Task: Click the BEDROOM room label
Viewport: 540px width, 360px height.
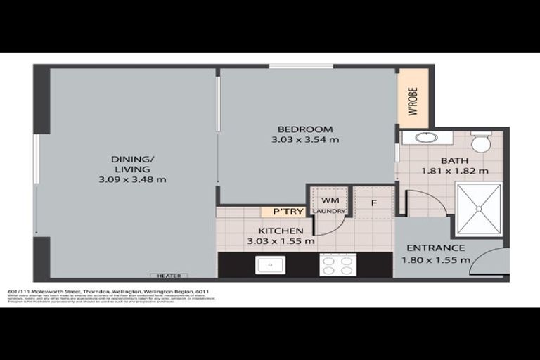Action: (304, 129)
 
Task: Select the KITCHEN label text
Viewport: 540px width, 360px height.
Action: (281, 231)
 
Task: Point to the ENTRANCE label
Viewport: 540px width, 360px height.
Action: (435, 247)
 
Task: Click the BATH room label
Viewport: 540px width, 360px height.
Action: (454, 160)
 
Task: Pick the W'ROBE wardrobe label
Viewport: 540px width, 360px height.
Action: (413, 101)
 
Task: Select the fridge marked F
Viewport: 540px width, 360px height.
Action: (374, 202)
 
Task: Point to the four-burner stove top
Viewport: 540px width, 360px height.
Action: (337, 264)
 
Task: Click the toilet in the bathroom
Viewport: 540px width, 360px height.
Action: (481, 143)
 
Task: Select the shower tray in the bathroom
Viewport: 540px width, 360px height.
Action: (479, 209)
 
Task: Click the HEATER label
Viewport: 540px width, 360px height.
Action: (169, 276)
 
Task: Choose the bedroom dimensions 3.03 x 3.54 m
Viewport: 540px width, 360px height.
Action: (304, 140)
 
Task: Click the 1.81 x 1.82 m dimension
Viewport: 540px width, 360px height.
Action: (454, 170)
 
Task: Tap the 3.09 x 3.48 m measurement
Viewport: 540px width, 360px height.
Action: (132, 179)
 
